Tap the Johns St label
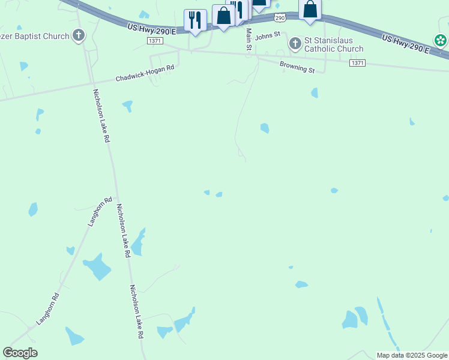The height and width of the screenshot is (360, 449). coord(268,36)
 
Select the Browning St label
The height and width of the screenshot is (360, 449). coord(297,67)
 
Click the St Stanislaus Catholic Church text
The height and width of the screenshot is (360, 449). coord(334,44)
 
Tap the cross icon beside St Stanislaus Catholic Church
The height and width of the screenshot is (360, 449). coord(295,44)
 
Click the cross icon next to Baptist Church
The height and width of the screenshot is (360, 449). coord(78,36)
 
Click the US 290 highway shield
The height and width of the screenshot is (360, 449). coord(280,19)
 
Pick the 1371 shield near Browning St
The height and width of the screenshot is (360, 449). coord(357,62)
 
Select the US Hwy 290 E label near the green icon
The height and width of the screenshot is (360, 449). coord(405,43)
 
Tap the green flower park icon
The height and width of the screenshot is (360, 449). coord(441,41)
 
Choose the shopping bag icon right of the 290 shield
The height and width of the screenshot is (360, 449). coord(310,10)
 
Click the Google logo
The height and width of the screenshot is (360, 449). coord(20,353)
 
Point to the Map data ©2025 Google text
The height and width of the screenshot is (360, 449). coord(412,355)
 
